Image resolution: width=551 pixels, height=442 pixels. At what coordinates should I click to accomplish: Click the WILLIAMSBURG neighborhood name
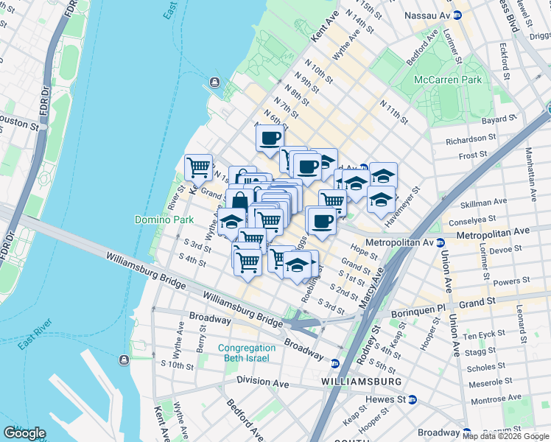(362, 382)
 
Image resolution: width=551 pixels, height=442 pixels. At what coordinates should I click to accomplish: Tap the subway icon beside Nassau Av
(457, 14)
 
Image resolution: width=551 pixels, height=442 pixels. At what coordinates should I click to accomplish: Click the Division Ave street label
(263, 381)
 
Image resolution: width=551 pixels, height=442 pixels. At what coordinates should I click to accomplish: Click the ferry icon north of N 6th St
(214, 82)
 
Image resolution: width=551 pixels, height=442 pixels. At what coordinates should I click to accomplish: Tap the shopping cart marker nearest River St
(198, 167)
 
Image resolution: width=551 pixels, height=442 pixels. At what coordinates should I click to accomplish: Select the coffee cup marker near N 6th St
(270, 137)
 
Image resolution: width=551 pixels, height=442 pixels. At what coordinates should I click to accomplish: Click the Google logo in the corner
(25, 433)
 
